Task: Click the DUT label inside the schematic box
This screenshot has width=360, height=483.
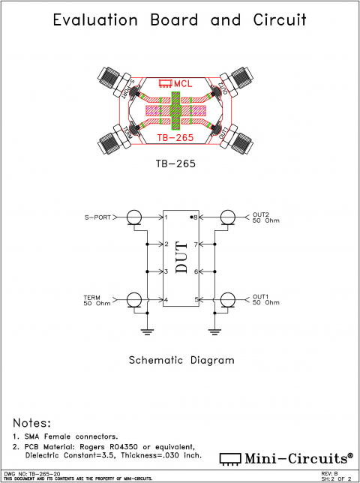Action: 181,259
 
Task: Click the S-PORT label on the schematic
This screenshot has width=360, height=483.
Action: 98,217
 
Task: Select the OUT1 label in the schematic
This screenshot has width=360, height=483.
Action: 260,296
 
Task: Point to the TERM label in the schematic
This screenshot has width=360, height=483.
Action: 91,297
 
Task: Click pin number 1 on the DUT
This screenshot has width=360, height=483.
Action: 167,217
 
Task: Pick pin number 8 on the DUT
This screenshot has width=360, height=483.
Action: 195,217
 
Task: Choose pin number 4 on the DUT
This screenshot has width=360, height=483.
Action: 167,300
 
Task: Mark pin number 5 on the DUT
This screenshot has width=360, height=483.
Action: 195,300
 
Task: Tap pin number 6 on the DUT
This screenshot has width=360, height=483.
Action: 195,271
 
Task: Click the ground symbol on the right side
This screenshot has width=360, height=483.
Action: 214,329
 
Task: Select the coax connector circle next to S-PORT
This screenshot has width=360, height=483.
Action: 134,217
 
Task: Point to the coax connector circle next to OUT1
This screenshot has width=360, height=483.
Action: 227,300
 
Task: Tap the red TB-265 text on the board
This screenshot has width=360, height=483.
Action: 175,138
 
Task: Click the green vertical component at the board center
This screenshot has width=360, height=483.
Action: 175,110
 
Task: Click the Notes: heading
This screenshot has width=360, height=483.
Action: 32,423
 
